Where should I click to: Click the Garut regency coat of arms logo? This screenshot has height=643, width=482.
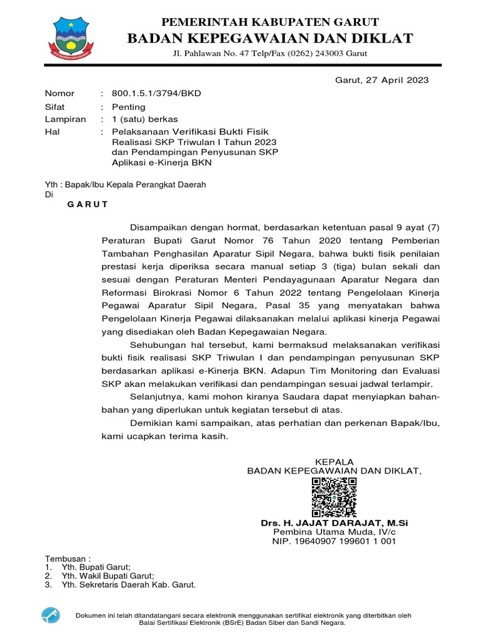75,36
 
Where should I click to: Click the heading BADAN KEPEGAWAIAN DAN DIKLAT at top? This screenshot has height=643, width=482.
270,39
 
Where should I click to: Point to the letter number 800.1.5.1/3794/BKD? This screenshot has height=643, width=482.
156,94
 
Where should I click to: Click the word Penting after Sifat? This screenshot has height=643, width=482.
128,107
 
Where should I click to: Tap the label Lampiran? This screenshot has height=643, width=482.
65,119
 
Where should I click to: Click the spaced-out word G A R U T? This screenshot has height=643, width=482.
88,205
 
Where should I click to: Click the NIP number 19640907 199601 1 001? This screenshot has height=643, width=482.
335,541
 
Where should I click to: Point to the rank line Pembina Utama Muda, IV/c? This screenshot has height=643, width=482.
335,532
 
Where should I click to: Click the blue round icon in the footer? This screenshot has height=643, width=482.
50,615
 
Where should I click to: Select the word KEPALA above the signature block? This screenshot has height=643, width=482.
335,462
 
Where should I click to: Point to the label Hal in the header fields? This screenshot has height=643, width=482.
52,132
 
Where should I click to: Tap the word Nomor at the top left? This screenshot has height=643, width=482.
60,94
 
